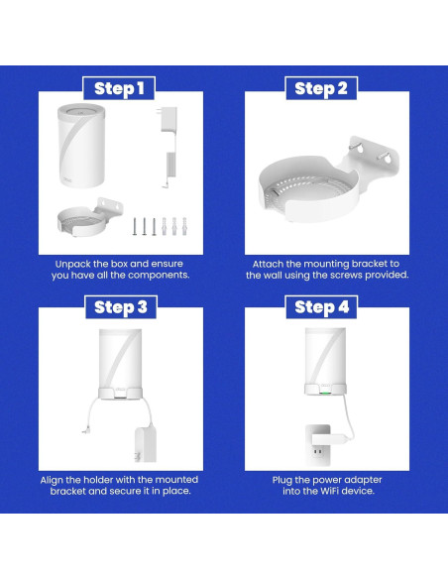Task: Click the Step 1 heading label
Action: (120, 89)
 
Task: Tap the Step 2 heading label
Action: (321, 89)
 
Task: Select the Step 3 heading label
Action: (120, 307)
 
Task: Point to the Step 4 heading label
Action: (321, 307)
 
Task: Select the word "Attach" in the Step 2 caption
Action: (271, 263)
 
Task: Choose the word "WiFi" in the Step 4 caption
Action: (329, 490)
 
